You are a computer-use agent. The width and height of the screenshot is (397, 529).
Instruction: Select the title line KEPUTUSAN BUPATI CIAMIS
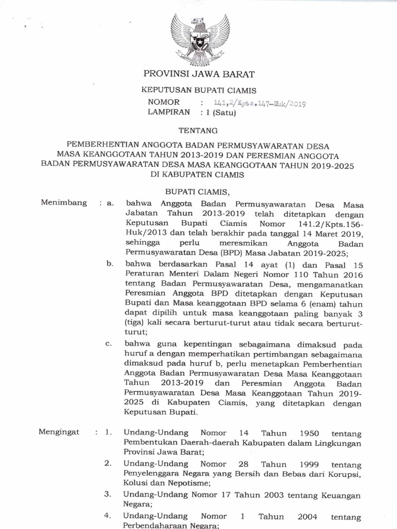199,90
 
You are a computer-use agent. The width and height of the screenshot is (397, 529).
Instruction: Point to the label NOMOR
163,102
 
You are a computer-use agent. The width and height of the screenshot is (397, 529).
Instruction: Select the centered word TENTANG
198,131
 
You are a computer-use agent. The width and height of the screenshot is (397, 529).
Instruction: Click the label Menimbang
64,203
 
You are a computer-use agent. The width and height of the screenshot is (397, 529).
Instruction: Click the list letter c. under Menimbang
109,344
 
